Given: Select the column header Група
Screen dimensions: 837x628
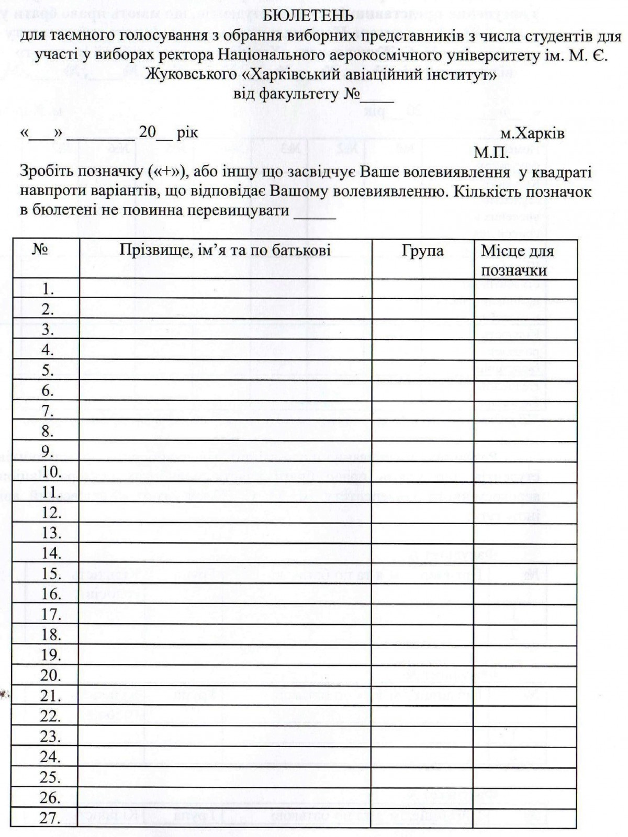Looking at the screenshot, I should pyautogui.click(x=422, y=251).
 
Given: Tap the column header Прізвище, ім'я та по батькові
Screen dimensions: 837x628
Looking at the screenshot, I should pyautogui.click(x=225, y=250).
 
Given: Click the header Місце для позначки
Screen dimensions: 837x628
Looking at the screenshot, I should pyautogui.click(x=517, y=260).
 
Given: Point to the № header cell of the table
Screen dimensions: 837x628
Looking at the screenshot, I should pyautogui.click(x=40, y=250).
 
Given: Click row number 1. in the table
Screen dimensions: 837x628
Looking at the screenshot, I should pyautogui.click(x=48, y=289).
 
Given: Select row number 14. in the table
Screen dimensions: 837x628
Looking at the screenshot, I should pyautogui.click(x=51, y=553).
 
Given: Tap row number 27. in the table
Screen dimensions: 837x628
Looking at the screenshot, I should pyautogui.click(x=50, y=818).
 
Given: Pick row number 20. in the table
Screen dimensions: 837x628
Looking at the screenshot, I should pyautogui.click(x=51, y=675).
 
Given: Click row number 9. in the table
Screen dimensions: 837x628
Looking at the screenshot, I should pyautogui.click(x=48, y=451).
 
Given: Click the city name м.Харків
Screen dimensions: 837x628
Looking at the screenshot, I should pyautogui.click(x=532, y=133).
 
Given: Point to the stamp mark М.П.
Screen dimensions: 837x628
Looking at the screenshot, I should pyautogui.click(x=491, y=153).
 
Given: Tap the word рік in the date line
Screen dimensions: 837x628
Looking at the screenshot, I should pyautogui.click(x=187, y=132).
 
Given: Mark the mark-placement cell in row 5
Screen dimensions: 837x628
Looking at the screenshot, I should pyautogui.click(x=525, y=370).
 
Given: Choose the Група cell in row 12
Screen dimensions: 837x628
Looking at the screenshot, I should pyautogui.click(x=422, y=513).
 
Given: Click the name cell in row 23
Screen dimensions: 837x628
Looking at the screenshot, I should pyautogui.click(x=225, y=737).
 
